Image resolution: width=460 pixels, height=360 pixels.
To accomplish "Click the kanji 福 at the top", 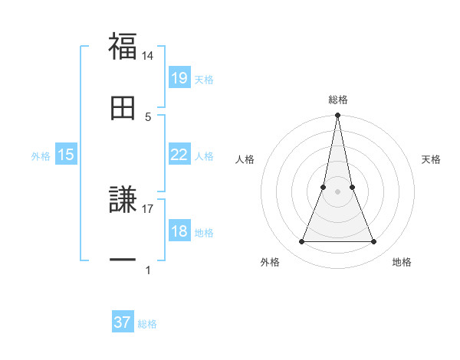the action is [x=123, y=47].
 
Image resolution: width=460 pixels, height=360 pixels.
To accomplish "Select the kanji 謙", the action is [x=123, y=201].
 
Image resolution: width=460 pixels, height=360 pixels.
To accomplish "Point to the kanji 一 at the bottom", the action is [x=123, y=260].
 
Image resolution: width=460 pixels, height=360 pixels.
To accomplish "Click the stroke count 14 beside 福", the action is [x=148, y=56].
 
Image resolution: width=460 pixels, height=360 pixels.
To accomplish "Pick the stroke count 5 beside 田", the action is [x=148, y=116].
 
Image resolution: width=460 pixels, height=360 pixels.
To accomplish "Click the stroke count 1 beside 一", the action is [x=148, y=270].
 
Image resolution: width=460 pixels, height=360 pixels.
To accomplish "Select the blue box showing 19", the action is [x=179, y=78].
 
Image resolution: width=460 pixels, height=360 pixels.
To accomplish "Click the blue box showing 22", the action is [x=179, y=155].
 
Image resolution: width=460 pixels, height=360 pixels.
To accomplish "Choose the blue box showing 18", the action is [x=179, y=231].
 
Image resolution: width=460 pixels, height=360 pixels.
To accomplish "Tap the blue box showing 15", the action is [x=66, y=155].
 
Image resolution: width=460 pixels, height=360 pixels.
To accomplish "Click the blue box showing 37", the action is [x=123, y=322].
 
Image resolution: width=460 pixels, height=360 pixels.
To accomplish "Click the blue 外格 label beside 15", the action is [x=41, y=155].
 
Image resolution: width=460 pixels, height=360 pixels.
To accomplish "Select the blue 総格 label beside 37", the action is [x=147, y=323].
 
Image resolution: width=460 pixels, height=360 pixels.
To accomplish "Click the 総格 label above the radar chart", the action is [x=337, y=100].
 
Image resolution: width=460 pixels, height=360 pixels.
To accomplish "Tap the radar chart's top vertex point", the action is [x=337, y=116].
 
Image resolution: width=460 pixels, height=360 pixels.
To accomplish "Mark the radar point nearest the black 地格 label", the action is [x=373, y=242].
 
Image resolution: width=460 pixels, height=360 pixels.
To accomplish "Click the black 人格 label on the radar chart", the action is [x=245, y=159].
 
